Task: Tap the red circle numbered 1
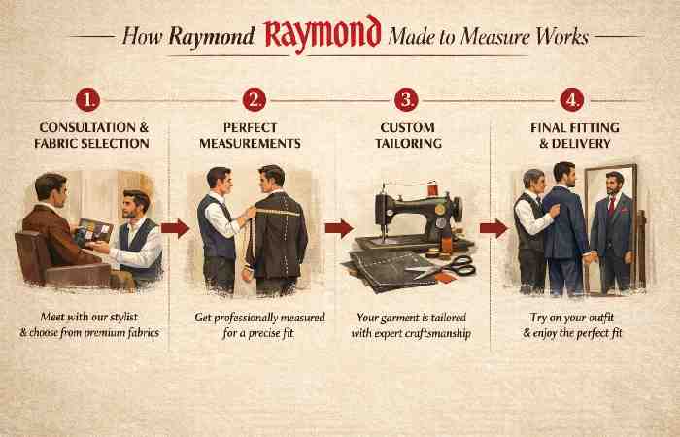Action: pos(89,99)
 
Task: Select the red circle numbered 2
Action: pos(255,99)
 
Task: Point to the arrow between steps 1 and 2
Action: pos(176,229)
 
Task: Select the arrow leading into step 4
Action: pos(494,228)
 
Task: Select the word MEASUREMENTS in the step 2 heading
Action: pos(255,144)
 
